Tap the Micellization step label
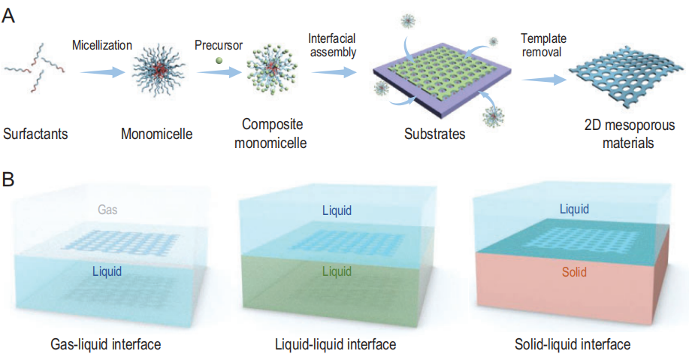[x=101, y=44]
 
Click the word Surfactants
[x=35, y=135]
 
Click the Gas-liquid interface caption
[x=110, y=344]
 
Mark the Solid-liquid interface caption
[x=573, y=344]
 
